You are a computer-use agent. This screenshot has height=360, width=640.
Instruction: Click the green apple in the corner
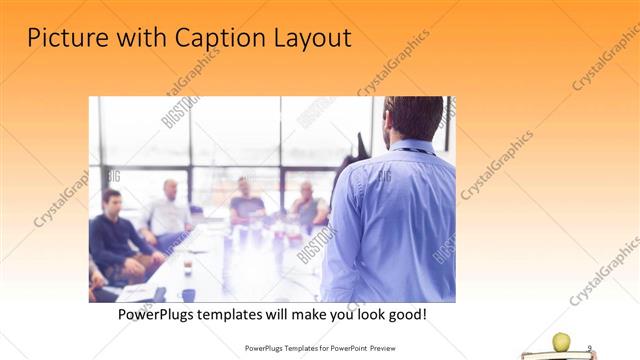click(561, 342)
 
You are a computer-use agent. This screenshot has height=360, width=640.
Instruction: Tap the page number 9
click(590, 348)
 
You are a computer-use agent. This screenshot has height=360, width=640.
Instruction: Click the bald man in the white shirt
click(168, 212)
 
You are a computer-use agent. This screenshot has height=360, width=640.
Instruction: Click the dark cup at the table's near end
click(188, 294)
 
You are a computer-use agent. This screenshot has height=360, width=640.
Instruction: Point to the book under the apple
click(558, 354)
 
